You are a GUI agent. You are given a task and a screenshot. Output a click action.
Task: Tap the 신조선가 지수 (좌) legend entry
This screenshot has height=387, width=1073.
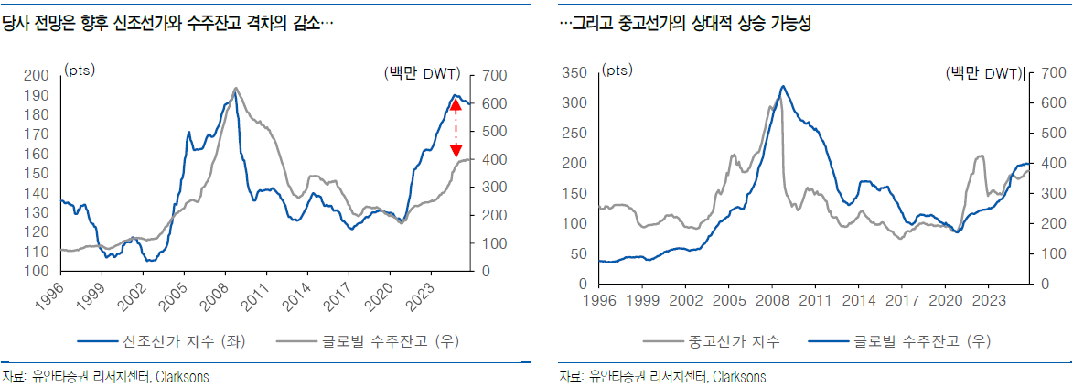coord(160,339)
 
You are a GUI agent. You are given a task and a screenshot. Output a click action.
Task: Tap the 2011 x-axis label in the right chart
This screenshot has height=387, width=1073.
coord(815,300)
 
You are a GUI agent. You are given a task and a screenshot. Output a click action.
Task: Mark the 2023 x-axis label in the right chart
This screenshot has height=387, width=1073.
coord(987,300)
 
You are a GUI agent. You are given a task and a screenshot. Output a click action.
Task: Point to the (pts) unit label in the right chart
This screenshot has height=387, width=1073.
coord(617,70)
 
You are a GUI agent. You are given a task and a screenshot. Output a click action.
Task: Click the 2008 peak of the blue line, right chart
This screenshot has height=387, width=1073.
coord(783,86)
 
